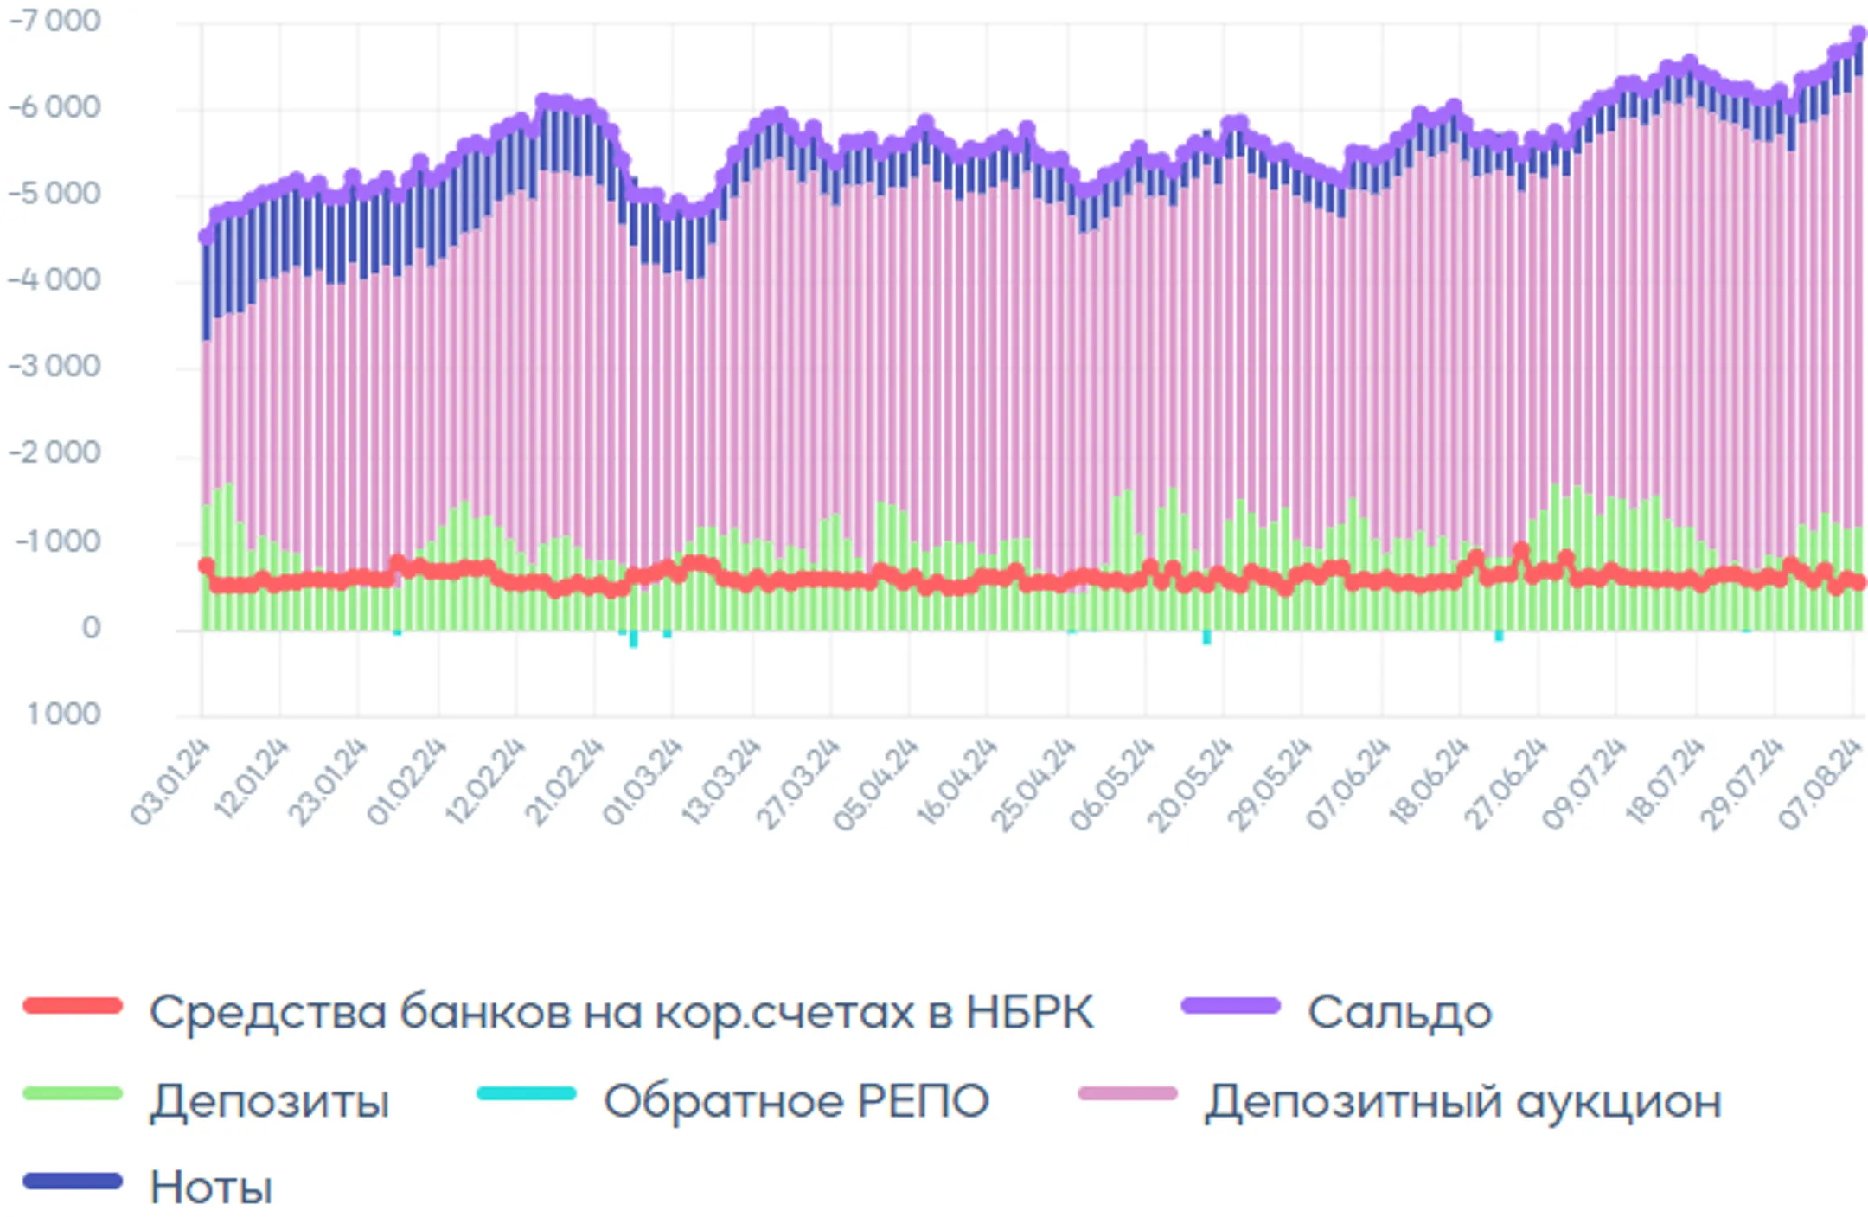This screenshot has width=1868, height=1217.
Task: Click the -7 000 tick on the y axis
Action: pyautogui.click(x=54, y=21)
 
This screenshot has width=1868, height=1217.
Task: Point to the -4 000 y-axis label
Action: pyautogui.click(x=54, y=280)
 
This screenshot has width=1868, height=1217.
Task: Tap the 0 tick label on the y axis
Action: pyautogui.click(x=91, y=628)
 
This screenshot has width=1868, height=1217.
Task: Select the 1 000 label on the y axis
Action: pyautogui.click(x=64, y=714)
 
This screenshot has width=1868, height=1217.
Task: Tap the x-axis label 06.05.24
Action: pyautogui.click(x=1112, y=784)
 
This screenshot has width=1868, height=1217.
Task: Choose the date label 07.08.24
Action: pyautogui.click(x=1820, y=784)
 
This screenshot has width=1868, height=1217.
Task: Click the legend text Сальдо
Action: pyautogui.click(x=1399, y=1012)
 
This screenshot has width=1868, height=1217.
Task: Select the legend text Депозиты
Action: pyautogui.click(x=270, y=1101)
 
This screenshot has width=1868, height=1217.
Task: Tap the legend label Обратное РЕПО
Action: pyautogui.click(x=796, y=1101)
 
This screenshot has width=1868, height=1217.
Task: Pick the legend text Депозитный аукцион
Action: pyautogui.click(x=1463, y=1101)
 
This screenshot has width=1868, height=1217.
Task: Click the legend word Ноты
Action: pyautogui.click(x=211, y=1187)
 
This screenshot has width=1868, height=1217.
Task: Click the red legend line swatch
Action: pyautogui.click(x=74, y=1006)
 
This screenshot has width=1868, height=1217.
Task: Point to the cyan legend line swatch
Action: pyautogui.click(x=527, y=1093)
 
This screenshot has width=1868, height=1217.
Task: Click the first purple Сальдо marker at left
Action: pyautogui.click(x=206, y=236)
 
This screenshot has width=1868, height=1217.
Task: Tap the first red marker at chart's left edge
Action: pyautogui.click(x=206, y=566)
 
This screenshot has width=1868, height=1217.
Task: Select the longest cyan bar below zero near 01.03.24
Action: pyautogui.click(x=634, y=639)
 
